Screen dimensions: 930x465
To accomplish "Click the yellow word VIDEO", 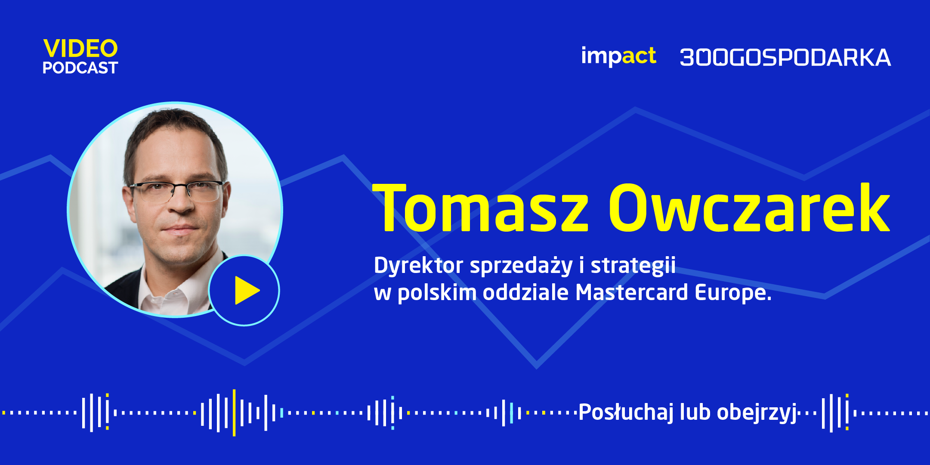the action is [80, 48].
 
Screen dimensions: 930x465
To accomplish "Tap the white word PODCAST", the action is [80, 68].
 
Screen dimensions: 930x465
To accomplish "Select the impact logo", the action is [618, 56].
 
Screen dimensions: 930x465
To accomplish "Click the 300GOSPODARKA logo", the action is [785, 58].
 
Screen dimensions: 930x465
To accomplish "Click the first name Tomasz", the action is [480, 208].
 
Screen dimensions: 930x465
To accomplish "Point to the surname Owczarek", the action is [749, 207].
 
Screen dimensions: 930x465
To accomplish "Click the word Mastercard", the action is [632, 292].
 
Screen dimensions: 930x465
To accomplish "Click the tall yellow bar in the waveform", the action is [234, 412].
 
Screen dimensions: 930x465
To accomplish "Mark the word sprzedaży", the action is [521, 266].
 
